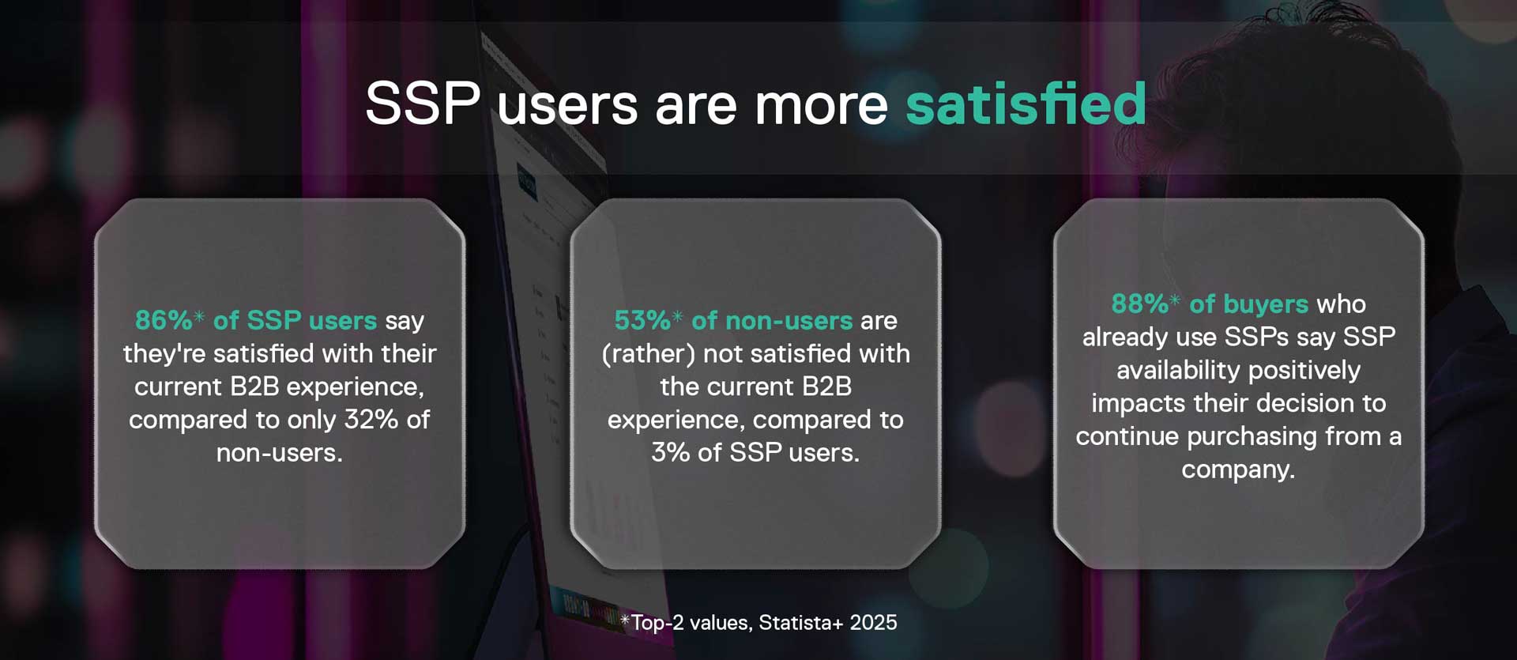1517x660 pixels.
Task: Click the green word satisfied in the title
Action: [1026, 104]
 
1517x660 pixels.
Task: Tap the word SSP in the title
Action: [423, 104]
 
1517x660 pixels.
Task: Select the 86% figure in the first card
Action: [164, 320]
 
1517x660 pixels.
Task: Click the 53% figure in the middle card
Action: [642, 320]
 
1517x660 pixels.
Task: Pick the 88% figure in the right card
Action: [1140, 304]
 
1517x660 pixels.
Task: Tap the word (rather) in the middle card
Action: [649, 354]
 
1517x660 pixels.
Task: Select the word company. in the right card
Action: [1238, 470]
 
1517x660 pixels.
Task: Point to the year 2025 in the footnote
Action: [874, 623]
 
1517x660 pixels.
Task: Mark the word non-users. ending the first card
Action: [280, 453]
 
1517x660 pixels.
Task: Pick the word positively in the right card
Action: [1304, 371]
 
